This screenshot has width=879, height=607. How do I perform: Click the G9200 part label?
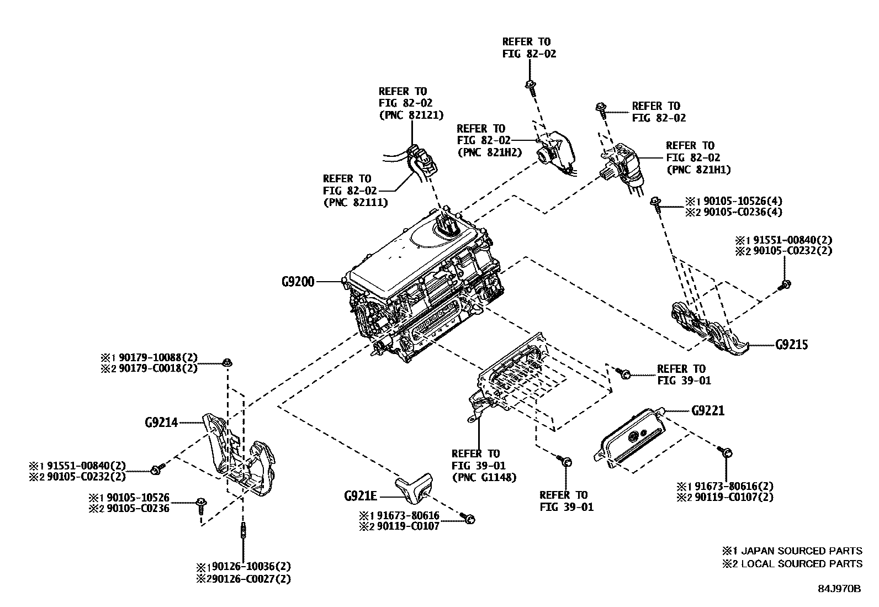pyautogui.click(x=298, y=282)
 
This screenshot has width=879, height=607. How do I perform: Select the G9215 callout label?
pyautogui.click(x=791, y=345)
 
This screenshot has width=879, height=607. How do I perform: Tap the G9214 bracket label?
pyautogui.click(x=161, y=423)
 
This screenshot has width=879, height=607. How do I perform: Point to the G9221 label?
pyautogui.click(x=708, y=411)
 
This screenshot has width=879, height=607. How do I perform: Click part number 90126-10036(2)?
pyautogui.click(x=251, y=567)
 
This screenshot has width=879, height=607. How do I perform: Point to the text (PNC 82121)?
pyautogui.click(x=403, y=115)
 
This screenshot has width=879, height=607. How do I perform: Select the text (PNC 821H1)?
pyautogui.click(x=698, y=170)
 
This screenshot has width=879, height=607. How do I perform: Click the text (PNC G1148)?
pyautogui.click(x=484, y=477)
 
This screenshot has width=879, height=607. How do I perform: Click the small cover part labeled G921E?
pyautogui.click(x=415, y=489)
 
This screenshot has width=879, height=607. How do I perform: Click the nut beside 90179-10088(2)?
pyautogui.click(x=226, y=363)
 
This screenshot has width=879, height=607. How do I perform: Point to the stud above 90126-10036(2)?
pyautogui.click(x=243, y=532)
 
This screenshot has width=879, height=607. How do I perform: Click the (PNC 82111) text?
pyautogui.click(x=355, y=202)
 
